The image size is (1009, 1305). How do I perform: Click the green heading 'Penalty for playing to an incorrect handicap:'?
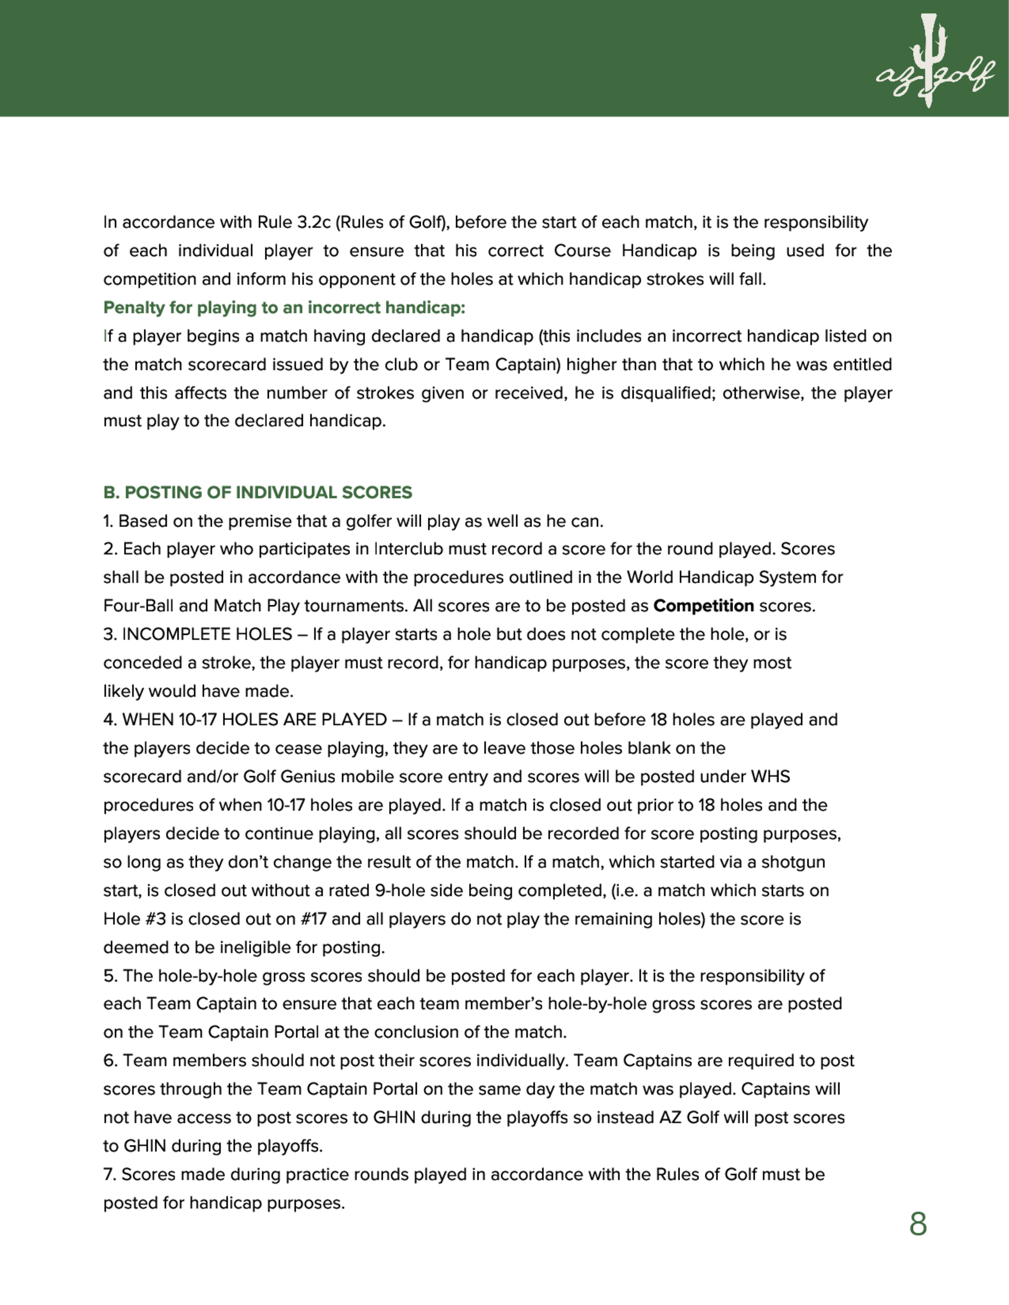284,308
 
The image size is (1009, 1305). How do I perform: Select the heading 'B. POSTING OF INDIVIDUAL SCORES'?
258,492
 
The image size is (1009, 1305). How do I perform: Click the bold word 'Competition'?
704,606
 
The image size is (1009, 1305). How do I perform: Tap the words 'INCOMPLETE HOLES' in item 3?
207,634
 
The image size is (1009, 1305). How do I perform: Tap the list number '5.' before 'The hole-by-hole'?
110,976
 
